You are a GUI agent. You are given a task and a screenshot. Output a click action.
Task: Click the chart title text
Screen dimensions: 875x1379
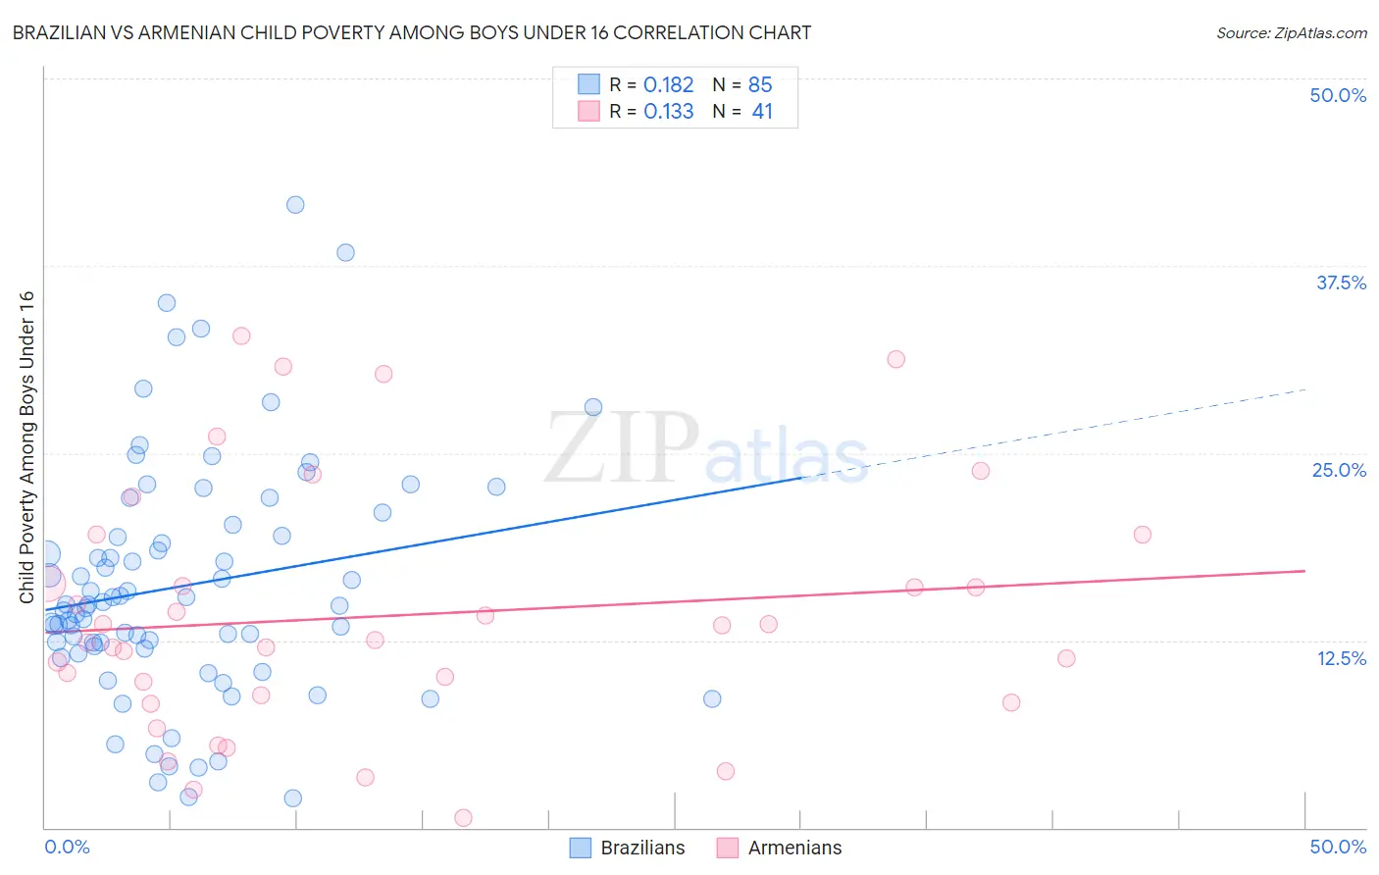pos(412,32)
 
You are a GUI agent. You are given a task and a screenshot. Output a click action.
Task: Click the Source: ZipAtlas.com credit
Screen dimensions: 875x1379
pos(1291,32)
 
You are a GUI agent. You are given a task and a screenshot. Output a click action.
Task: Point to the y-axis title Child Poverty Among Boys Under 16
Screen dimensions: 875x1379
pos(26,447)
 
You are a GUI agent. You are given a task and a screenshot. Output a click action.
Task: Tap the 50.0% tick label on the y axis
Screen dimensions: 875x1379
pos(1338,95)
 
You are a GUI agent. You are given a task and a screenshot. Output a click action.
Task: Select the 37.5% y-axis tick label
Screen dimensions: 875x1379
pos(1341,283)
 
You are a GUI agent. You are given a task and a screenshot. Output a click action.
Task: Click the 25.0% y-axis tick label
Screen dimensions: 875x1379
pos(1339,470)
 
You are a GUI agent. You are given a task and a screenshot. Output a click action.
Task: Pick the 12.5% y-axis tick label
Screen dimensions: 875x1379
pos(1341,658)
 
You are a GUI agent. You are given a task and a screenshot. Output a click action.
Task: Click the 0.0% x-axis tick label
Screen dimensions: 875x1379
pos(67,847)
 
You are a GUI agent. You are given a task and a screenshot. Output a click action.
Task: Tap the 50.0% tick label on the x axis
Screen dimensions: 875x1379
pos(1338,847)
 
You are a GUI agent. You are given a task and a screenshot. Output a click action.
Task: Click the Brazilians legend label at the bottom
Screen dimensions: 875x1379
pos(642,848)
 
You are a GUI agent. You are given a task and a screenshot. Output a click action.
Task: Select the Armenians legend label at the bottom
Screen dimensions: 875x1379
pos(794,848)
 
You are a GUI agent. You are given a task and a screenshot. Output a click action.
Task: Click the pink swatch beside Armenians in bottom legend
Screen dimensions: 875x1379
pos(727,848)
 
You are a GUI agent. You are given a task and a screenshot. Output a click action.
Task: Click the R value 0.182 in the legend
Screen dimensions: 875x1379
pos(668,85)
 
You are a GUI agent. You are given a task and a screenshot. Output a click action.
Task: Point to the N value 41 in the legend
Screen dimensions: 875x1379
pos(762,112)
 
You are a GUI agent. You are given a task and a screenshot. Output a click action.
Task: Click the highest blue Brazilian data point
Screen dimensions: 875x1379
pos(295,205)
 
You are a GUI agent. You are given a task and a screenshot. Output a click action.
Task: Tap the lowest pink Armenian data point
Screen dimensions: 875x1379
pos(463,818)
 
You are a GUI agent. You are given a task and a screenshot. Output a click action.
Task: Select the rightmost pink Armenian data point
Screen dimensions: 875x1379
pos(1142,535)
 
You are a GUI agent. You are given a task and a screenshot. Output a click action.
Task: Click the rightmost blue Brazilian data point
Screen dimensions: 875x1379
pos(712,698)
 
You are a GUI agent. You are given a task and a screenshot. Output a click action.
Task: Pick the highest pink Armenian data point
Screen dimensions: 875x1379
pos(241,335)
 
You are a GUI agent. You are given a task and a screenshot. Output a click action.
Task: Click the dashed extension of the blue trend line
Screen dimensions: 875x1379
pos(1059,431)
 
